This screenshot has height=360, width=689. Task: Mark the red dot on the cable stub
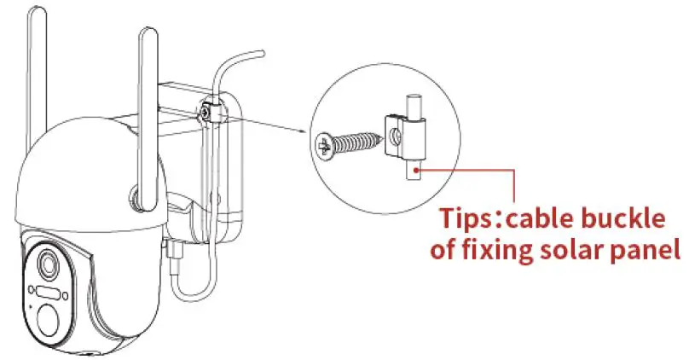416,170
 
